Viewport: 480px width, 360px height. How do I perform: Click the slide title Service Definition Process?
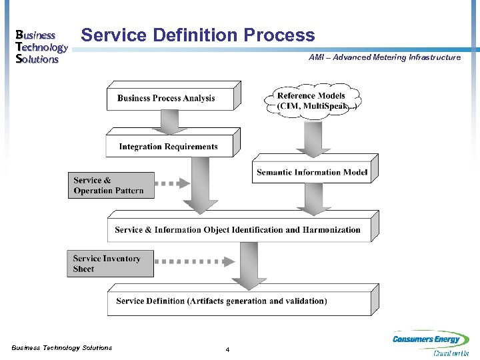(197, 35)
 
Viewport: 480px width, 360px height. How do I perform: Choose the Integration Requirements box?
(169, 146)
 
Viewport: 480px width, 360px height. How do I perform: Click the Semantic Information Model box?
(312, 172)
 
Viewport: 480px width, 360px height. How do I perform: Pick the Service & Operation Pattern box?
(111, 185)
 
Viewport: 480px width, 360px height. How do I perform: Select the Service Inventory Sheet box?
(110, 264)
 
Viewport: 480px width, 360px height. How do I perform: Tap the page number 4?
(228, 350)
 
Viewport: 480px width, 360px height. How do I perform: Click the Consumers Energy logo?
(431, 343)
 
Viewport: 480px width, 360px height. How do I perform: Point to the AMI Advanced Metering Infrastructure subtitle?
(385, 57)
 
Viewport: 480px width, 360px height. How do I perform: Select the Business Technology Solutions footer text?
(62, 347)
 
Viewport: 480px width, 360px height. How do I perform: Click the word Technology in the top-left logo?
(41, 47)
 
